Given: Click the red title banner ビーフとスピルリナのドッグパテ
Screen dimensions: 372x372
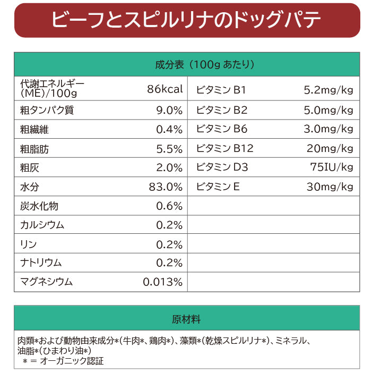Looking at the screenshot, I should (186, 20).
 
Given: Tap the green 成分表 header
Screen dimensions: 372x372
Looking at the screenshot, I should (186, 65).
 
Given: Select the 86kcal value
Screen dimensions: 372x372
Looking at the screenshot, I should (165, 89).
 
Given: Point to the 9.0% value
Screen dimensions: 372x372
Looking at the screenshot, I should (169, 111).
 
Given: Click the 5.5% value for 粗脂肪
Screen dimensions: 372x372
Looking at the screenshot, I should (169, 149).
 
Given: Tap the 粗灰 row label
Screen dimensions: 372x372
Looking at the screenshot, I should (29, 168).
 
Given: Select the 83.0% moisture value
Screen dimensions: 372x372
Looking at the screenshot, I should (166, 187).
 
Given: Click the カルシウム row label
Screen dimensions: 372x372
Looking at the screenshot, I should (42, 225).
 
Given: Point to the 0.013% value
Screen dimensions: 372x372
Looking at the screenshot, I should (163, 282).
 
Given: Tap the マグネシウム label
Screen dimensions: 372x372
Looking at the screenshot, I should (46, 282).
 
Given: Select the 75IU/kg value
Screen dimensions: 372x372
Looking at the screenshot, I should (332, 167).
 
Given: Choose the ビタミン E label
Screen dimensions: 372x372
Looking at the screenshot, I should (218, 187).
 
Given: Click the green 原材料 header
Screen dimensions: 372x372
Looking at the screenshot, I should (186, 319).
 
